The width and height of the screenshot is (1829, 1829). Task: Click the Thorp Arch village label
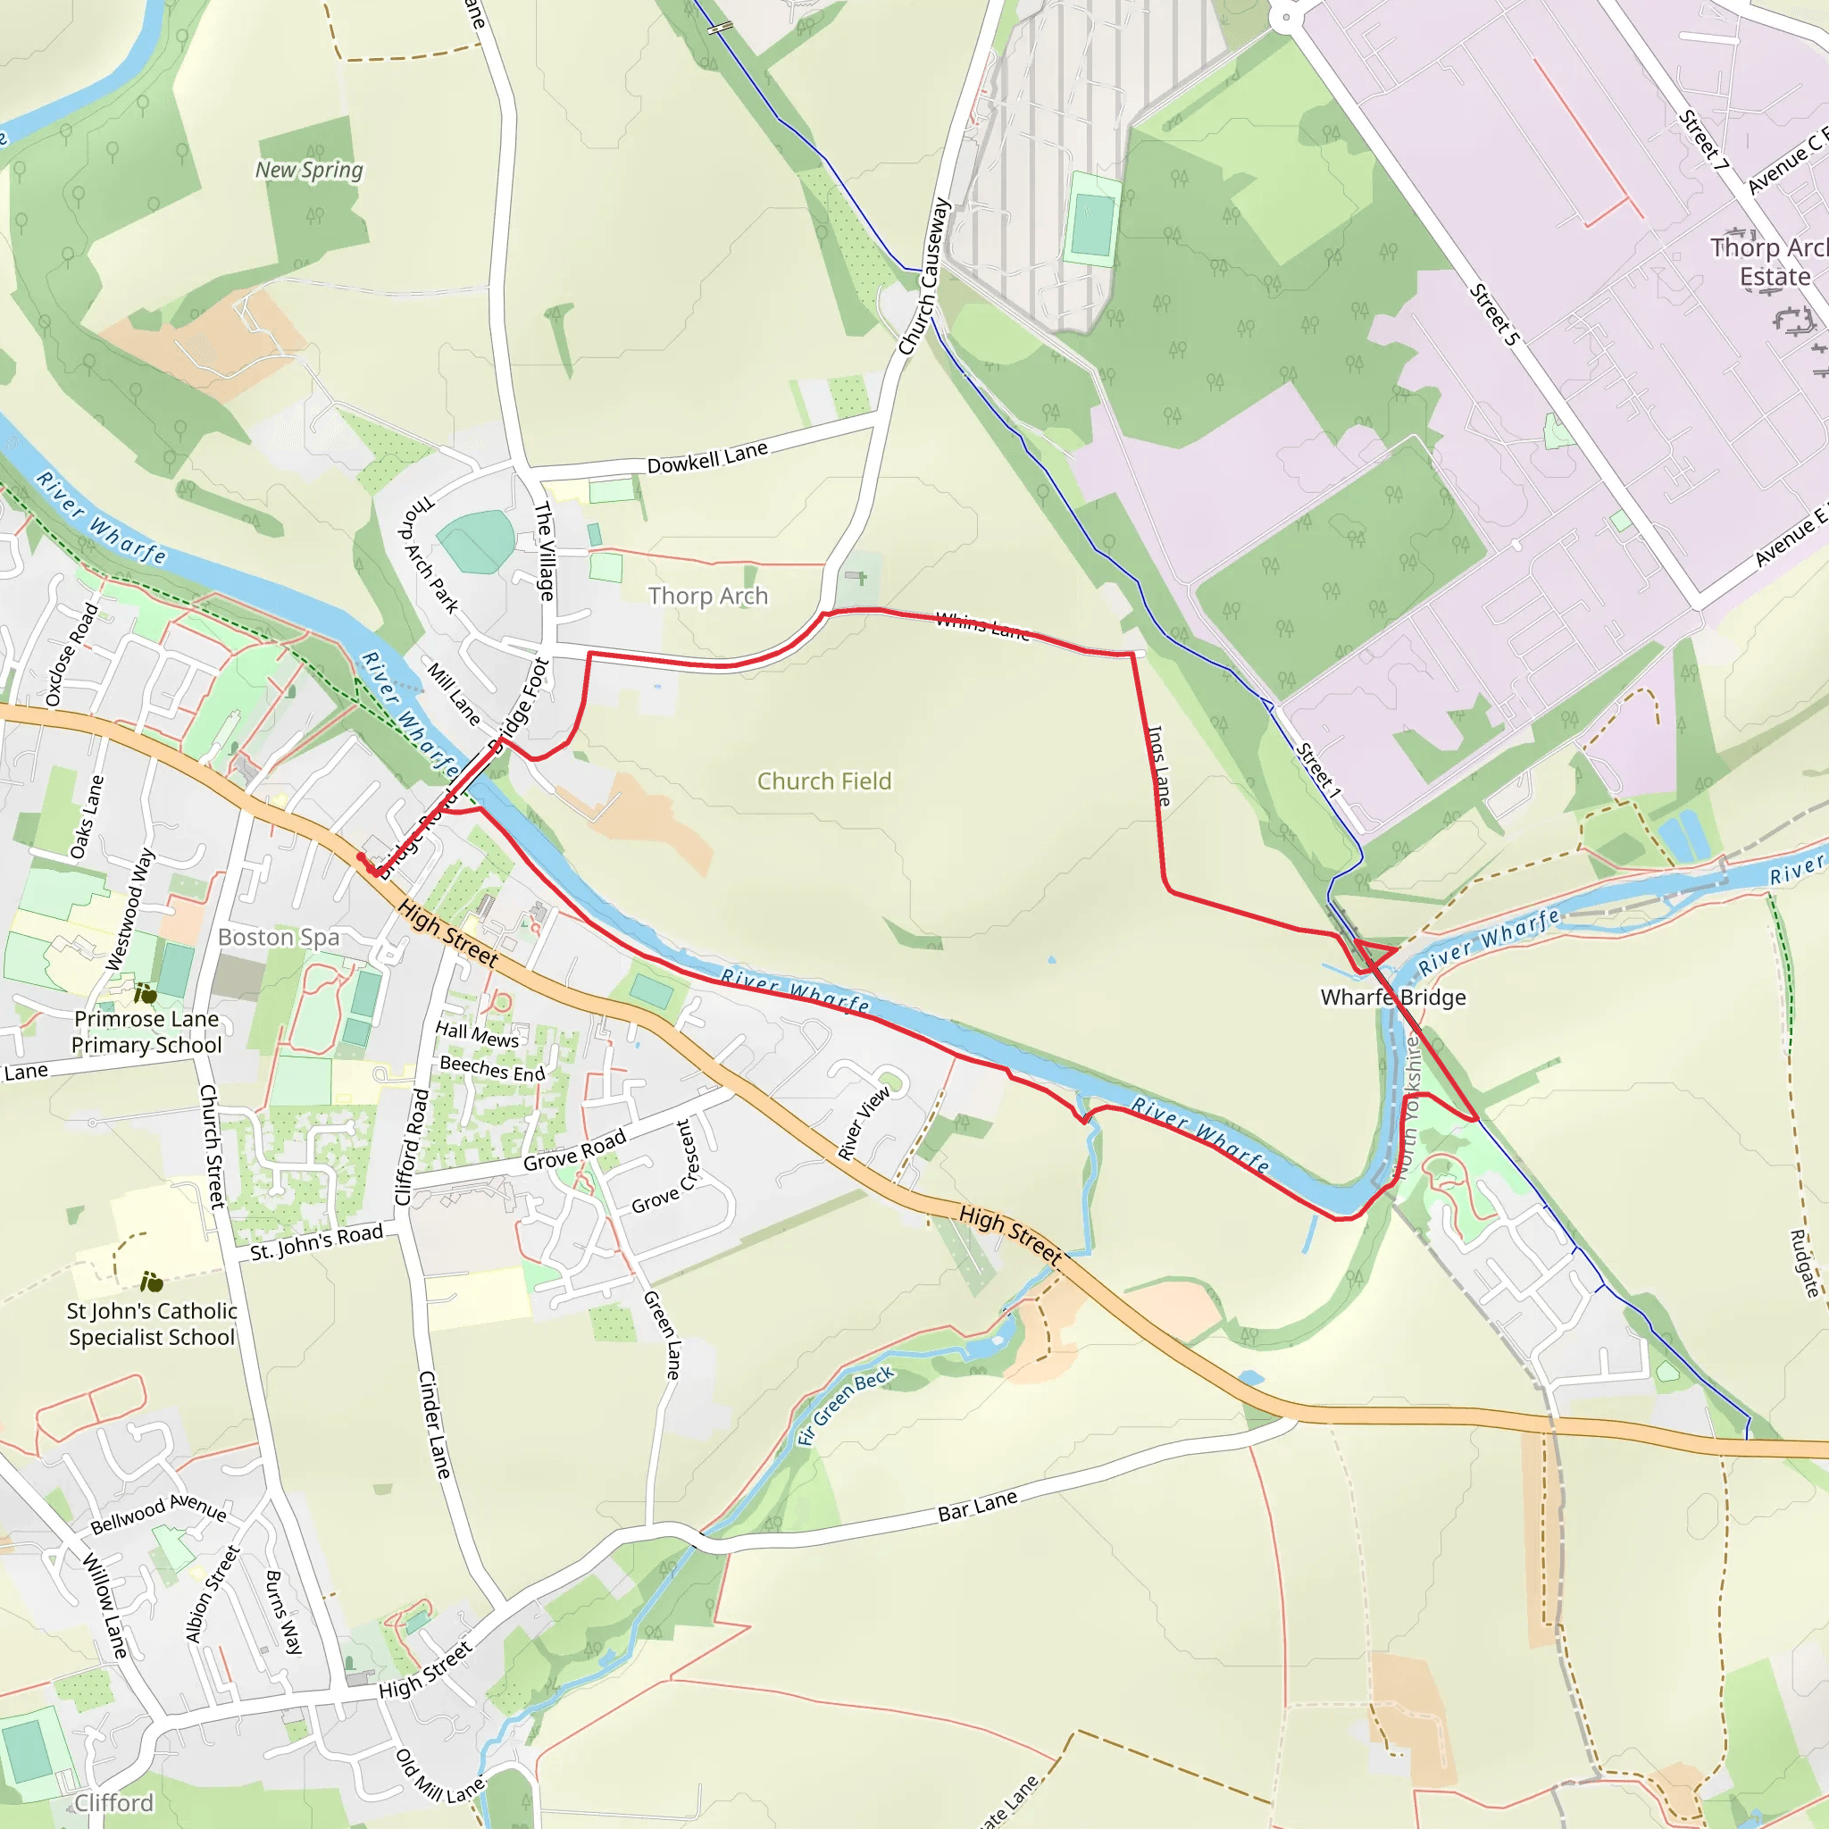[708, 596]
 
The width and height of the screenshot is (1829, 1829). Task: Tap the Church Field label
[823, 781]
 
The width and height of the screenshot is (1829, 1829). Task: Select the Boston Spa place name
[279, 937]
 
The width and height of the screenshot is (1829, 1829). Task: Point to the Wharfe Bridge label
[1392, 997]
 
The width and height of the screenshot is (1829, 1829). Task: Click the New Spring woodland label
[309, 171]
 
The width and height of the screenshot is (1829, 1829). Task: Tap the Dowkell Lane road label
[707, 458]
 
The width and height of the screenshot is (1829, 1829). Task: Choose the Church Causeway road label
[924, 277]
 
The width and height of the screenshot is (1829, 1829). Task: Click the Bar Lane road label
[978, 1505]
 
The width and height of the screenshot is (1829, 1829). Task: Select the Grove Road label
[574, 1149]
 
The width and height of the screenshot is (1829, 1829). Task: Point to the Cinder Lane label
[435, 1424]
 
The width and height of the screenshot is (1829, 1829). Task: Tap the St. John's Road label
[316, 1242]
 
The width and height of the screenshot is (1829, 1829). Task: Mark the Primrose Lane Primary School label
[146, 1031]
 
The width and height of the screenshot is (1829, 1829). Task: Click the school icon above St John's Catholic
[152, 1282]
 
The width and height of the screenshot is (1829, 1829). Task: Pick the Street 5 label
[1494, 314]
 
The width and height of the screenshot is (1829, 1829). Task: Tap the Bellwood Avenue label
[158, 1514]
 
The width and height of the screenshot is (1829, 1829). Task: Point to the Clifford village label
[113, 1803]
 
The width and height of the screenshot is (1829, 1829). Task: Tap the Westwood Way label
[130, 909]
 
